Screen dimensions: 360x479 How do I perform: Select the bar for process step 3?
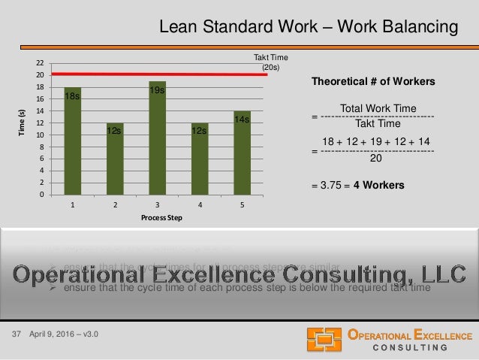pos(157,138)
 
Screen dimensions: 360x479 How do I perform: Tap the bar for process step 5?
pos(242,153)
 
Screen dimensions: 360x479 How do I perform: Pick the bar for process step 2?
pos(115,159)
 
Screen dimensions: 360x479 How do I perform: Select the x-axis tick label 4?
pos(199,204)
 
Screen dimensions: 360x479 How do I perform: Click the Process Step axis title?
pos(156,217)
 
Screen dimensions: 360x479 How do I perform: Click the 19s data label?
pos(157,91)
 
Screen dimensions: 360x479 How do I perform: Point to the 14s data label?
pos(242,120)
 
